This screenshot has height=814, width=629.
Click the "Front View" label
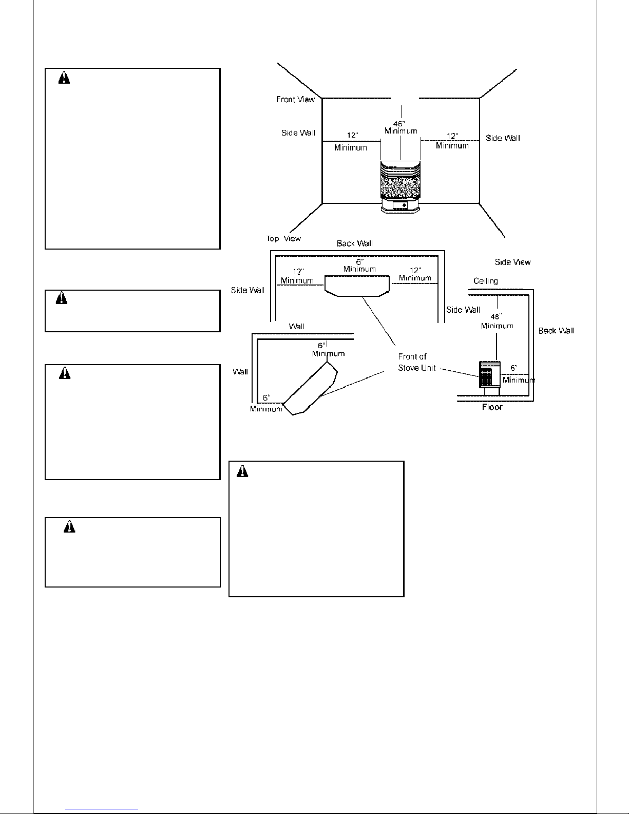[295, 99]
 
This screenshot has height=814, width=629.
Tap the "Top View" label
[283, 239]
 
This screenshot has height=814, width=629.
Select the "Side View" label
[512, 262]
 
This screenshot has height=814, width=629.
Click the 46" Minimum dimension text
[401, 127]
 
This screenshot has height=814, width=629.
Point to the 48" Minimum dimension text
[497, 321]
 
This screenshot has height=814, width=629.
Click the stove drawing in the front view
[400, 187]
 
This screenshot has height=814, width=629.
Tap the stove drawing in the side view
[490, 377]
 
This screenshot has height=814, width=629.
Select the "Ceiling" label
[486, 281]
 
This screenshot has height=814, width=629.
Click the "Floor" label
[492, 407]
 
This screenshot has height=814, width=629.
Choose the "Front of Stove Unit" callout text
[417, 362]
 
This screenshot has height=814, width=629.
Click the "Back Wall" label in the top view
[355, 243]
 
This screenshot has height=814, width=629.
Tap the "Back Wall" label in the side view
[556, 331]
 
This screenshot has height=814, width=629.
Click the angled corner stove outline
[310, 388]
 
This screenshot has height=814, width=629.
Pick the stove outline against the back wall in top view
[357, 286]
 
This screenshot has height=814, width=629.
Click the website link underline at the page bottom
[102, 809]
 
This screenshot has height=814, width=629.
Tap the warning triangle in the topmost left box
[64, 78]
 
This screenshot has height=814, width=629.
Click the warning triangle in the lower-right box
[242, 471]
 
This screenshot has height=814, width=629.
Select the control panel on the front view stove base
[400, 205]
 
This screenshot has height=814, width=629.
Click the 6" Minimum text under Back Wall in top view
[359, 265]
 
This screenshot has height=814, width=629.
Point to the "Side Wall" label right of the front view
[503, 138]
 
